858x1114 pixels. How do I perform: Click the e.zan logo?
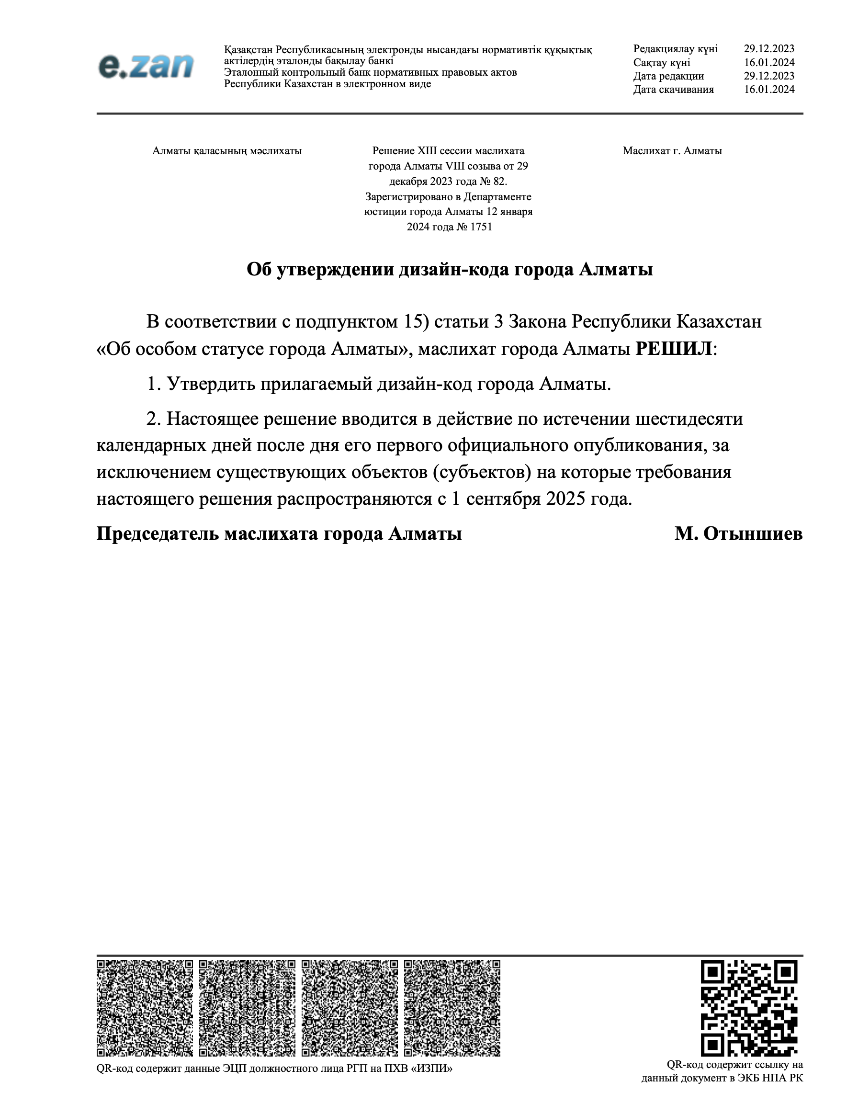[x=146, y=66]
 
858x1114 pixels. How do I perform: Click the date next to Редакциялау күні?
[x=769, y=49]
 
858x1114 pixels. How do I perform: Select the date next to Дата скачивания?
[x=769, y=89]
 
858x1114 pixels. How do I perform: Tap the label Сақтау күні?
[x=661, y=62]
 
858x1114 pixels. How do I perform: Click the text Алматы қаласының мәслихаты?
[x=227, y=151]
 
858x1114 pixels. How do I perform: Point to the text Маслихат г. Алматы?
[x=672, y=151]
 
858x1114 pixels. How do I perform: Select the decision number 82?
[x=499, y=182]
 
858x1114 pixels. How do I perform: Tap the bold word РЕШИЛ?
[x=673, y=349]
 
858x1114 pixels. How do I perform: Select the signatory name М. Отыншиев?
[x=738, y=534]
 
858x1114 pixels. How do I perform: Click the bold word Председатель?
[x=158, y=534]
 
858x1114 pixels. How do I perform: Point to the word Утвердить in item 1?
[x=211, y=384]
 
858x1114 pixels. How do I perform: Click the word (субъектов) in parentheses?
[x=482, y=472]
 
